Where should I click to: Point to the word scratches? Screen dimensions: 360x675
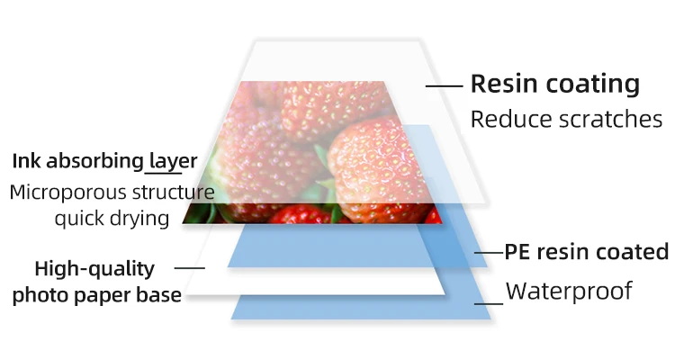(608, 119)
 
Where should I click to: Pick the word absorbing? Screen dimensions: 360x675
(93, 162)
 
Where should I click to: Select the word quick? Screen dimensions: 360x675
(78, 218)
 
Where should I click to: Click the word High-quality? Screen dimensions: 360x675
(94, 268)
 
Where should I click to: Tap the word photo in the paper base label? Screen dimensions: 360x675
(38, 295)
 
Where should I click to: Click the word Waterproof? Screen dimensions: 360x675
(569, 291)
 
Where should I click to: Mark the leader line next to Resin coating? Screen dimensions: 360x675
(444, 86)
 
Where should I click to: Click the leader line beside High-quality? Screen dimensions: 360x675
(189, 268)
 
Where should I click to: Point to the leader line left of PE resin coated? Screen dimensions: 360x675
(488, 253)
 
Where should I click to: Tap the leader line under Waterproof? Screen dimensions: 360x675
(488, 303)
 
